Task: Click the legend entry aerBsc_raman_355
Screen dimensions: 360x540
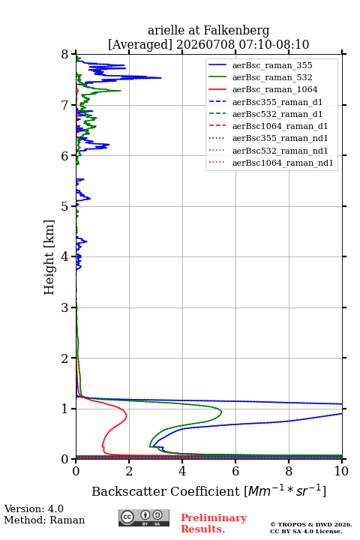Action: [x=272, y=65]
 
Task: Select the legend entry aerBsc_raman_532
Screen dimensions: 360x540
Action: [x=272, y=77]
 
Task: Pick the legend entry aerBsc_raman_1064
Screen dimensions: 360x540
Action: [x=275, y=89]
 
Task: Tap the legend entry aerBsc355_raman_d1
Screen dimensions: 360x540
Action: [x=277, y=102]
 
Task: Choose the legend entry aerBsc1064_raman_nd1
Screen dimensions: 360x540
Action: [x=283, y=163]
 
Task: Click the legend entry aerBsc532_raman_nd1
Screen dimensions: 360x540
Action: [x=280, y=151]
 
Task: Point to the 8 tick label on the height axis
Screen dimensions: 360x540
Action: [x=64, y=55]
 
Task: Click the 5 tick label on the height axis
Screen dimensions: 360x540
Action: [x=64, y=206]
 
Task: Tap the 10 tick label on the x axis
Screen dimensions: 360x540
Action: [x=341, y=471]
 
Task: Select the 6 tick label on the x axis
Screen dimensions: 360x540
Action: [x=235, y=471]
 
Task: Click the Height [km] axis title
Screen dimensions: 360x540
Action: [x=49, y=257]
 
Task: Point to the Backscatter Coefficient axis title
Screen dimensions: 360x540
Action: [x=208, y=490]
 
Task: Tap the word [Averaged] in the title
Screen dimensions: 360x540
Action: [x=139, y=44]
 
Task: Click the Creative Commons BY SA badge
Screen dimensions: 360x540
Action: [x=144, y=517]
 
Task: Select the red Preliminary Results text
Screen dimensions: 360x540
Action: [x=214, y=523]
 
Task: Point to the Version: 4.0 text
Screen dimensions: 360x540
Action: [x=34, y=508]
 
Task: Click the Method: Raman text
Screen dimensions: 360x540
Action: [x=44, y=520]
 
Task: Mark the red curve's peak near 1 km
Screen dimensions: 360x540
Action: [x=127, y=416]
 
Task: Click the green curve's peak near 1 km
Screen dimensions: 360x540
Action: [x=221, y=412]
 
